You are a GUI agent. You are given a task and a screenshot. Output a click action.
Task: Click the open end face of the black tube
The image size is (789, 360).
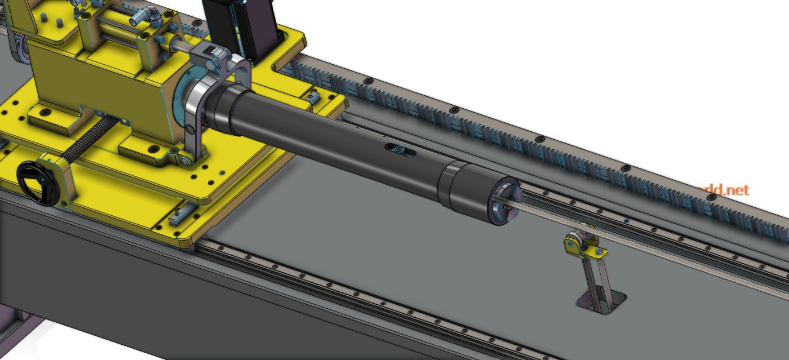(x=505, y=203)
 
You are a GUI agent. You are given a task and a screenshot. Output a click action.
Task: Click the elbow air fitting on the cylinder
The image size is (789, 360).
(x=143, y=17)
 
